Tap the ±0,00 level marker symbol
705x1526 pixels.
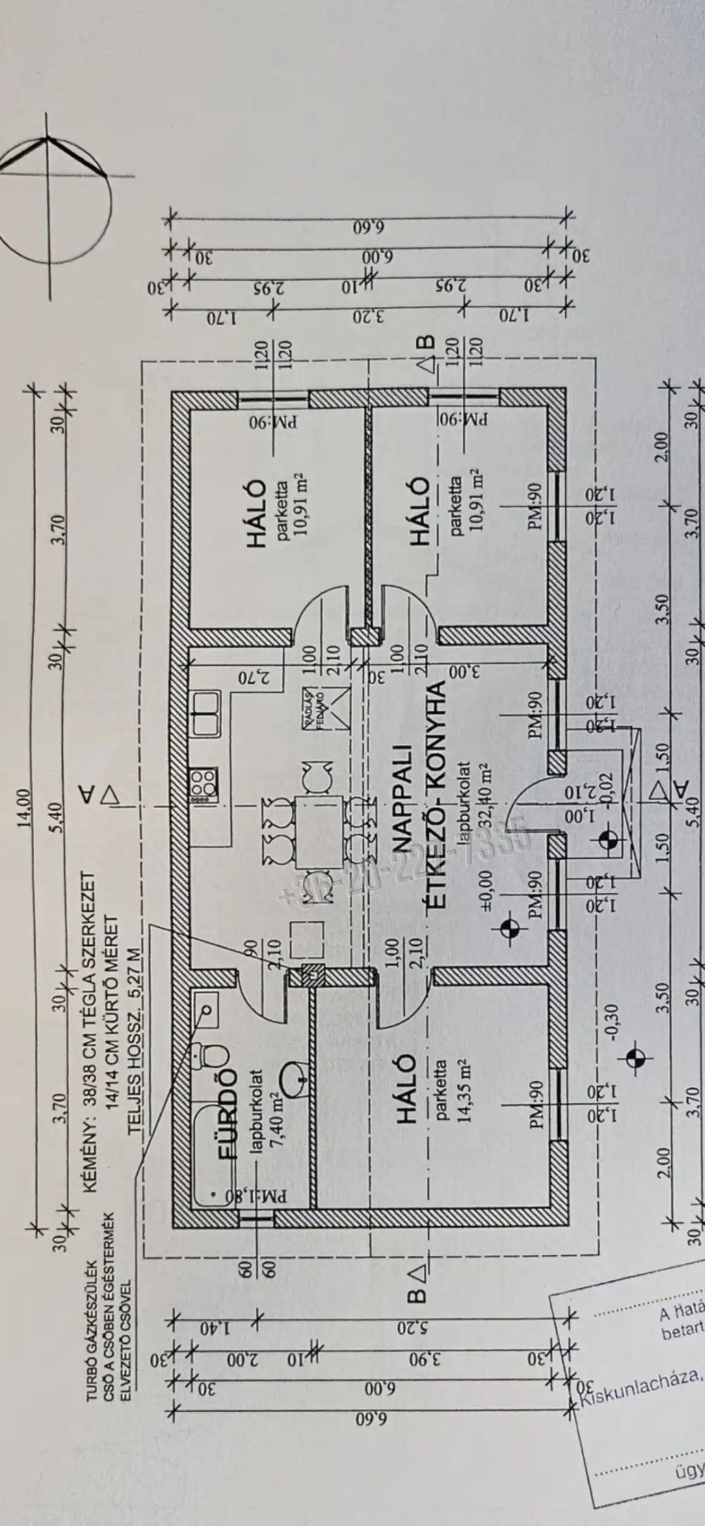point(509,930)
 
